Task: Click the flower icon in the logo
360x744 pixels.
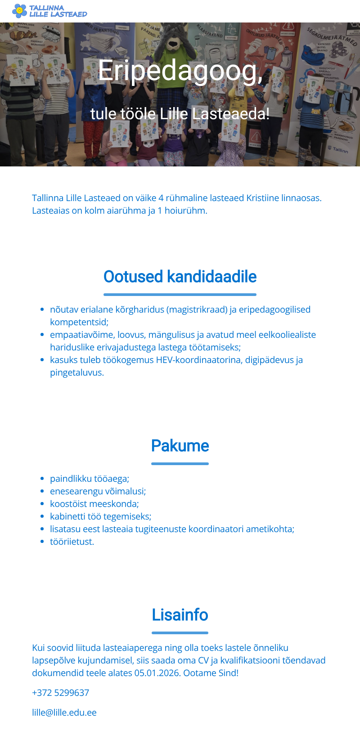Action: (x=19, y=10)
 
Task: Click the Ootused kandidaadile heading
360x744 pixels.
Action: (x=180, y=277)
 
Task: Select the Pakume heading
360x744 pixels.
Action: (x=180, y=446)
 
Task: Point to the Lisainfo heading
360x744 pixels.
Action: (x=180, y=615)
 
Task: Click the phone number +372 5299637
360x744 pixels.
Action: (x=60, y=693)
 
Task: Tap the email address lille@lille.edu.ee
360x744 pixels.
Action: (x=64, y=713)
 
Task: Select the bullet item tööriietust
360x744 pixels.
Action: (x=72, y=542)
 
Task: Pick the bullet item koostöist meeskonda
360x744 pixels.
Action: (x=94, y=504)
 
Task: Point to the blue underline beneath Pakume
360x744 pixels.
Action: (x=180, y=464)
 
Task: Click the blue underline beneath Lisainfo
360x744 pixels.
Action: (x=180, y=633)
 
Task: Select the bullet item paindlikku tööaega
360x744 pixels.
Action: (x=90, y=479)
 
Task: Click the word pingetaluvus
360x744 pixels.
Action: (x=77, y=372)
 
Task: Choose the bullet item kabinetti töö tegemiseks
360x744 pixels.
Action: (x=100, y=516)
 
